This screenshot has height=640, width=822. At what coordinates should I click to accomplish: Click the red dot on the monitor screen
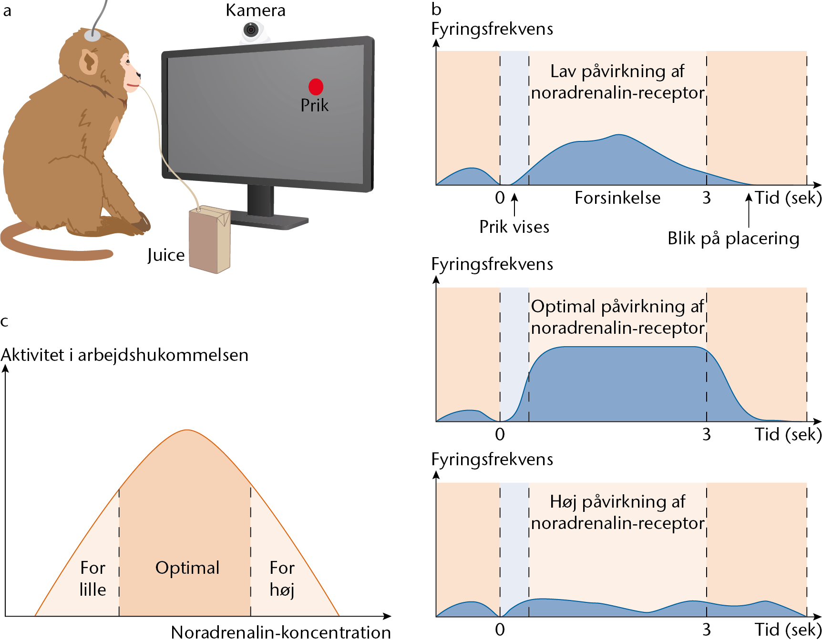[x=316, y=87]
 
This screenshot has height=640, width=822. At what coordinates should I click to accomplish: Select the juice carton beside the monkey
[x=210, y=239]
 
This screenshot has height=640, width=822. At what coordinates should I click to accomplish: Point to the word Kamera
[x=256, y=10]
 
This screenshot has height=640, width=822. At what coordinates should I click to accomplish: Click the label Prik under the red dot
[x=315, y=105]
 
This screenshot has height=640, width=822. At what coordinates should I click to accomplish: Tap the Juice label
[x=166, y=255]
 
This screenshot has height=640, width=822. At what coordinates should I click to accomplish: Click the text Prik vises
[x=514, y=227]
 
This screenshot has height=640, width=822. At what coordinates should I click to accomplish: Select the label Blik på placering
[x=733, y=238]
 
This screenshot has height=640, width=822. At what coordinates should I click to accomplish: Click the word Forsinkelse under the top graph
[x=617, y=198]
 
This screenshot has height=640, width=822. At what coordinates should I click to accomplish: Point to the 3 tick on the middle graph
[x=707, y=434]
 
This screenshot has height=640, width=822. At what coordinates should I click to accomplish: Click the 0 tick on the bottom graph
[x=500, y=630]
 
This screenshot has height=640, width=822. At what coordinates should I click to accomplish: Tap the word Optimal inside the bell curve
[x=187, y=568]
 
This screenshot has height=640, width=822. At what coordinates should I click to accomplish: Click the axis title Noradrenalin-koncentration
[x=281, y=632]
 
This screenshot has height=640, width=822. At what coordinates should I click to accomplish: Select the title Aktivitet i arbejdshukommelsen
[x=125, y=355]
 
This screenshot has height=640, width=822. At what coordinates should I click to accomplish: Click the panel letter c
[x=5, y=322]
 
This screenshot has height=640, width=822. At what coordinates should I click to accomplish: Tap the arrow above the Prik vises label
[x=514, y=204]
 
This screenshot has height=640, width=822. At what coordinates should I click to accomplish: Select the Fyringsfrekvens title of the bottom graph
[x=492, y=460]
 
